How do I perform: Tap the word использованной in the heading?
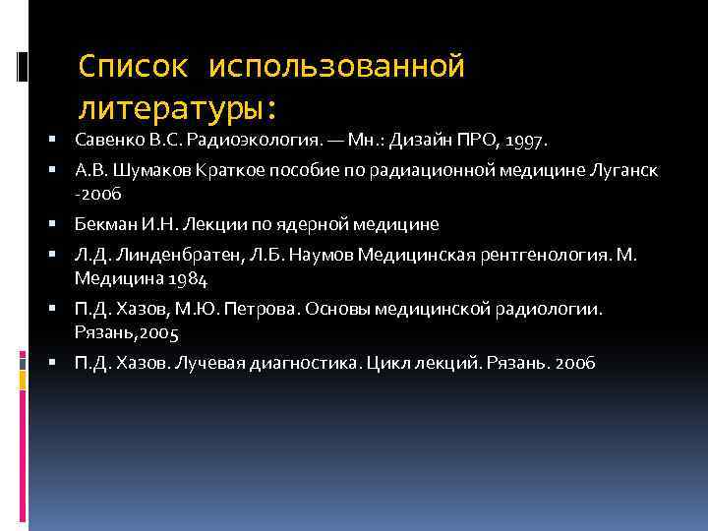point(336,67)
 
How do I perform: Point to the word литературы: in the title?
point(179,105)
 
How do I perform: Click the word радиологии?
point(558,309)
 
